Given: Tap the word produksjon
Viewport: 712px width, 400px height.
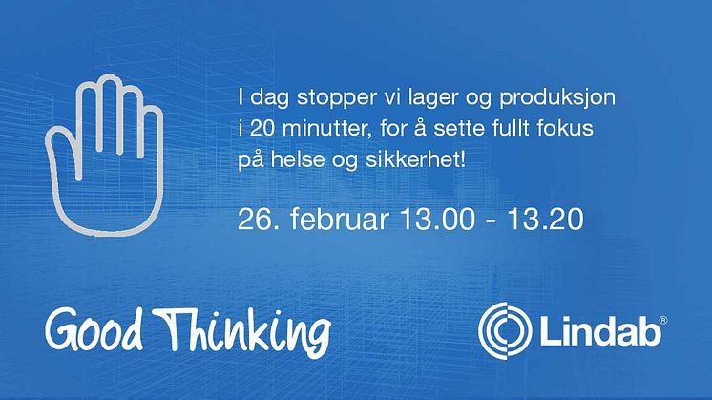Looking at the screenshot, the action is coord(557,99).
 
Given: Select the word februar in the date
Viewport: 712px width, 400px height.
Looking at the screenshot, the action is coord(339,220).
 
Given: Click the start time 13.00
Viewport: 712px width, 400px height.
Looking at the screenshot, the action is coord(437,220).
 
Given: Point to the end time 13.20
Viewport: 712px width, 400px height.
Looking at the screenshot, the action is coord(545,220).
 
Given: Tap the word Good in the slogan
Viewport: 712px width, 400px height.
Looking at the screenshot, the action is coord(94,328).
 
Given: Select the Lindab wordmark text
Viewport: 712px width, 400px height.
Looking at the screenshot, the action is coord(599,332).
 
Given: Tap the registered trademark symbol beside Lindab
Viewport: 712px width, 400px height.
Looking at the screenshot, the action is coord(662,321).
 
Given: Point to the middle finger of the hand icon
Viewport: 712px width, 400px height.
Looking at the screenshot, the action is coord(109,114).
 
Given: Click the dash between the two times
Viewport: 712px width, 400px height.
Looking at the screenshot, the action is coord(491,221).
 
